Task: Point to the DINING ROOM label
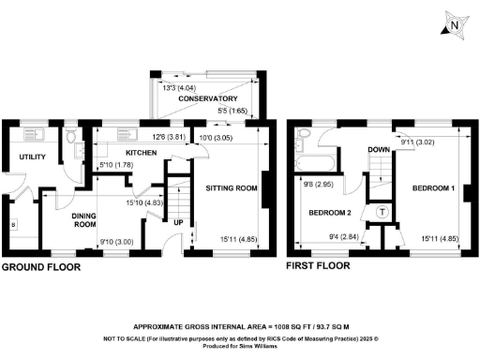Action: pyautogui.click(x=86, y=220)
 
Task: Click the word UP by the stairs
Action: pyautogui.click(x=178, y=223)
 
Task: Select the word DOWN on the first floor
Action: pyautogui.click(x=379, y=150)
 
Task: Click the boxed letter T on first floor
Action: pyautogui.click(x=382, y=213)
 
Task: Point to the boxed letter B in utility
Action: pyautogui.click(x=12, y=226)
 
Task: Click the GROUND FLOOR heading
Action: pyautogui.click(x=40, y=267)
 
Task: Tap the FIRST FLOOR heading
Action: pyautogui.click(x=320, y=267)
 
